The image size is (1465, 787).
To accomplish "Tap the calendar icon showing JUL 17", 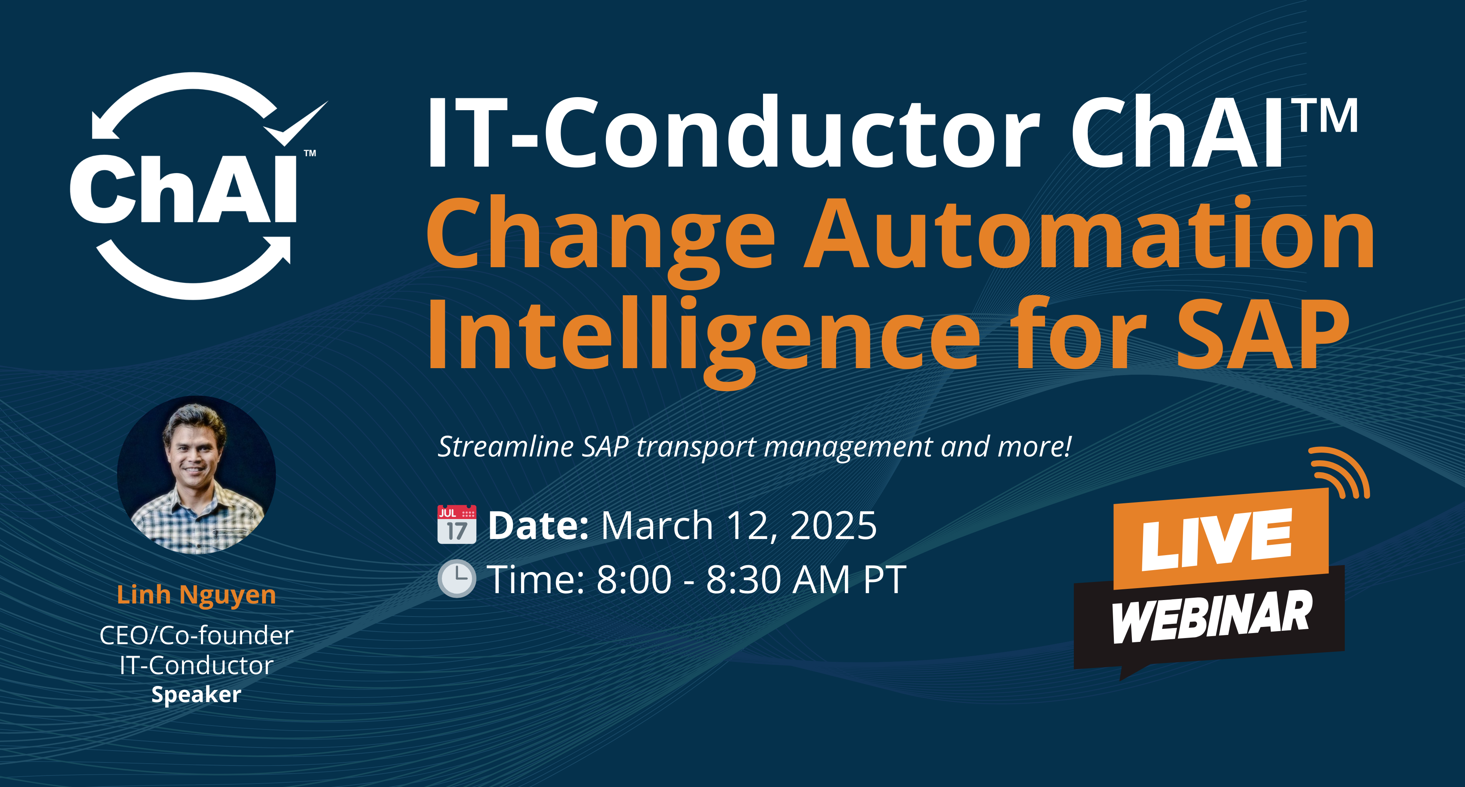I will pos(457,524).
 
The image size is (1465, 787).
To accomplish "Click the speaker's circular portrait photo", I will pos(196,475).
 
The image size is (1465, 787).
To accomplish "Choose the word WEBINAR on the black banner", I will pos(1211,617).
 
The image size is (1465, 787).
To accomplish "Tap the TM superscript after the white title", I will pos(1328,116).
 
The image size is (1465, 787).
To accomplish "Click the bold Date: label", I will pos(538,525).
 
